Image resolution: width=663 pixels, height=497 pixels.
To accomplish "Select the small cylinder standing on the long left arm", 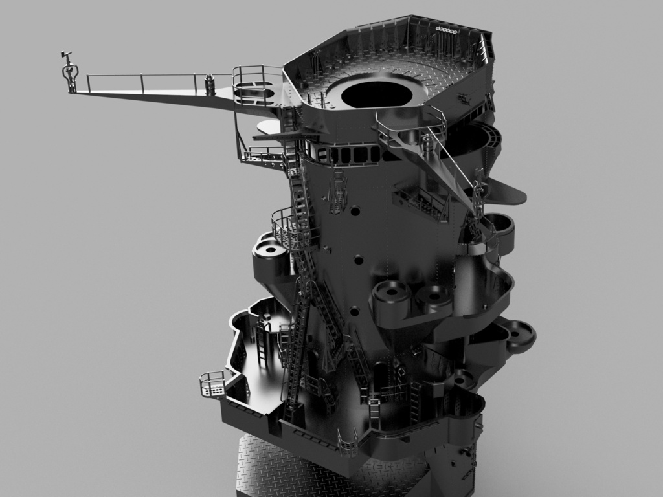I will (x=209, y=84).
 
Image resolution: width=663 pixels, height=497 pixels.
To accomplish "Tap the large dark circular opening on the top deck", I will (x=377, y=93).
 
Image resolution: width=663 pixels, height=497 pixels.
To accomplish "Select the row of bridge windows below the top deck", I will (x=353, y=155).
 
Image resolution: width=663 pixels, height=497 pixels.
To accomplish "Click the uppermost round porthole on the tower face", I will (x=355, y=211).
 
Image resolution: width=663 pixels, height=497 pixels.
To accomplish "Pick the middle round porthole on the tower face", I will (x=358, y=260).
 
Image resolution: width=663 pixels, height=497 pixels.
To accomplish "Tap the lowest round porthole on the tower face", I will (x=354, y=312).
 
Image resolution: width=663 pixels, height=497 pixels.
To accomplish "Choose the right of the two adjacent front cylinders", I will (x=433, y=299).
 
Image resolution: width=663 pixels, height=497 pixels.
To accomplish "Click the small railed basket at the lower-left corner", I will (x=212, y=384).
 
